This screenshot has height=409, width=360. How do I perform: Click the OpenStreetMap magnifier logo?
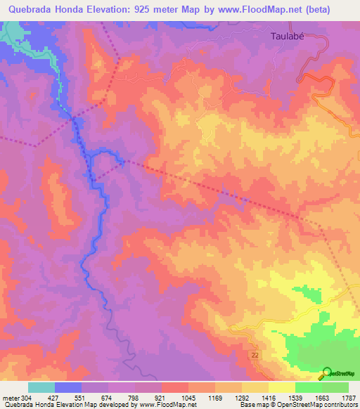pyautogui.click(x=326, y=373)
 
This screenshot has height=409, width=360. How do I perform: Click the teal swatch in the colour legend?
pyautogui.click(x=41, y=387)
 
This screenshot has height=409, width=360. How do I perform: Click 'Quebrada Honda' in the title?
pyautogui.click(x=42, y=9)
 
